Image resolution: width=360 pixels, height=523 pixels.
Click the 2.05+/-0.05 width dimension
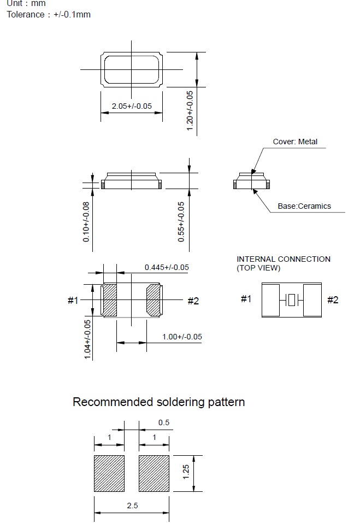(x=132, y=106)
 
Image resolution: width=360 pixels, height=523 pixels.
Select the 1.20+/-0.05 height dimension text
(x=190, y=110)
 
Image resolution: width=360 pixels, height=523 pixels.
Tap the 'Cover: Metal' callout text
(x=295, y=142)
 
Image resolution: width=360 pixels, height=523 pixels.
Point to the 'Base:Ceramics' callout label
(x=304, y=206)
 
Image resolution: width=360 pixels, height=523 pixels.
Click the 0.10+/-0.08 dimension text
(x=86, y=221)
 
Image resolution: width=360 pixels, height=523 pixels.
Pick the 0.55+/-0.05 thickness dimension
(x=181, y=221)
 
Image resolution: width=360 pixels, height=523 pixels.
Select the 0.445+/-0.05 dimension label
(x=167, y=267)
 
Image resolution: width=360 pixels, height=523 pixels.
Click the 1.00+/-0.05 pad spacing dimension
(x=182, y=337)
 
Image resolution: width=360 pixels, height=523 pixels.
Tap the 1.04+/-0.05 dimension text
(x=87, y=339)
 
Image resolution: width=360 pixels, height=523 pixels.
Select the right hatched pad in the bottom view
(x=154, y=300)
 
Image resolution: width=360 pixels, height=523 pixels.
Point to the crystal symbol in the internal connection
(x=292, y=299)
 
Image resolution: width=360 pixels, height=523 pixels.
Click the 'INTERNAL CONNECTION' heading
(x=284, y=259)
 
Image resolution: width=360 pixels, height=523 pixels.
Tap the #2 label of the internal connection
(x=333, y=299)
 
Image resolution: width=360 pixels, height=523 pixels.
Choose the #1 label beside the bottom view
(x=73, y=300)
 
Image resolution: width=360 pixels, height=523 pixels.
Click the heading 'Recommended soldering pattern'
(x=158, y=402)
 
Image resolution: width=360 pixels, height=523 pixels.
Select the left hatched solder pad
(x=110, y=473)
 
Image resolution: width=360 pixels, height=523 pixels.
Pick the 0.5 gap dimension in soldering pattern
(x=164, y=422)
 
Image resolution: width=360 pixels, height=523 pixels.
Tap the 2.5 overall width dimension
(x=132, y=506)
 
